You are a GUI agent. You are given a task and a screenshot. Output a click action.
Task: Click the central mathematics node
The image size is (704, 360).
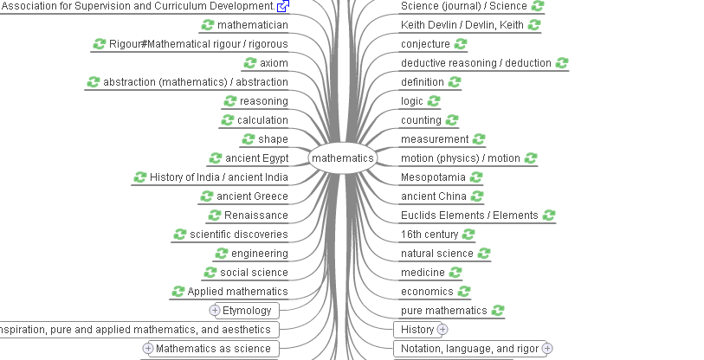point(343,158)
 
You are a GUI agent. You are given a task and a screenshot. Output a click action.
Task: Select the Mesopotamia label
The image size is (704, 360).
point(433,177)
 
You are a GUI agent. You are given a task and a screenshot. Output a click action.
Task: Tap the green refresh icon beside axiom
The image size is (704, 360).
point(250,63)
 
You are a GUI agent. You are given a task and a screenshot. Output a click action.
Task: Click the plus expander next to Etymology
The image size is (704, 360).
point(215,310)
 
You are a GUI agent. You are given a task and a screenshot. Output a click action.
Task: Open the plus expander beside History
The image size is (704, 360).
point(442,330)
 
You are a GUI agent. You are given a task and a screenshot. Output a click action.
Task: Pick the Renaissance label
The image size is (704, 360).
point(256,215)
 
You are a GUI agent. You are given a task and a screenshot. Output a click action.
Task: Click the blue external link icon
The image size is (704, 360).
point(283,6)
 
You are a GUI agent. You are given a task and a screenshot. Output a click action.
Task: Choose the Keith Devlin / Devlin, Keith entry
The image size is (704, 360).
point(462,25)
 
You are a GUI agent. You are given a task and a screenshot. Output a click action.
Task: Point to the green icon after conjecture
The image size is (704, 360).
point(461,44)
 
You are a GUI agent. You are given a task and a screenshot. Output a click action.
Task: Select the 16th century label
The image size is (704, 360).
point(430,235)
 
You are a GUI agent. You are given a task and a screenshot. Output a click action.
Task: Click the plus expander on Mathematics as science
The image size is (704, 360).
point(148,349)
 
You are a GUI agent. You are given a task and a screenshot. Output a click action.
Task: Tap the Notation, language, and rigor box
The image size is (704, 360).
point(469,349)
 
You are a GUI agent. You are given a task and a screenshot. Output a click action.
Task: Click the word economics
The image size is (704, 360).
point(427,292)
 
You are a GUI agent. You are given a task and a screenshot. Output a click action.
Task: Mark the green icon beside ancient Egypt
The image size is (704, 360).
point(216,158)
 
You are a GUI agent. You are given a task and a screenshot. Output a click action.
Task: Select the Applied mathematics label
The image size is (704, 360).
point(237,292)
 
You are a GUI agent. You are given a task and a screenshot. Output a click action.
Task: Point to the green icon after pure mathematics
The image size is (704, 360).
point(498,310)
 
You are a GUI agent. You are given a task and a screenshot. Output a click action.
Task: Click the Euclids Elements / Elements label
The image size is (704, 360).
point(469,215)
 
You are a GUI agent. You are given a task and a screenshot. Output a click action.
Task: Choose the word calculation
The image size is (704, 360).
point(262,120)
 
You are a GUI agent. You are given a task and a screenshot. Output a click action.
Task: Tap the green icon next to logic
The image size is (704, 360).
point(434,101)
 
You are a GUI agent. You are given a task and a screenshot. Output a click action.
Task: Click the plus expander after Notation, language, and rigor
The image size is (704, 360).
point(547,349)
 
